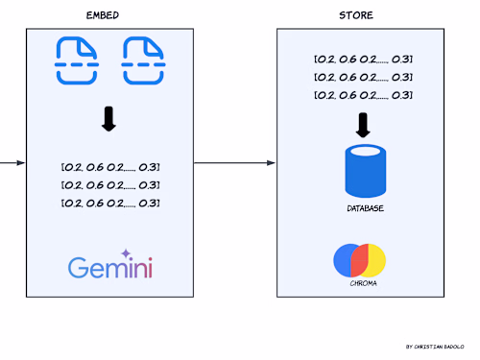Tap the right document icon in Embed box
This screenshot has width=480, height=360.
[142, 61]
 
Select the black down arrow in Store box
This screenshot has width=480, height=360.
[363, 125]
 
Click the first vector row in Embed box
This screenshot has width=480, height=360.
[108, 167]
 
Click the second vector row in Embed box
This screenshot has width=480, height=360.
[108, 184]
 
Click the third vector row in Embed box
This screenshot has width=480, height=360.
[108, 203]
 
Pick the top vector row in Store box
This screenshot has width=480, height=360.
[363, 60]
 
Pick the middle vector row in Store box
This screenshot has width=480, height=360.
[363, 77]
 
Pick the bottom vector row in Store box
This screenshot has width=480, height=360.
[363, 95]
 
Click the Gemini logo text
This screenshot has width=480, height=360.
[108, 268]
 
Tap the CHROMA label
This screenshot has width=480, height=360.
[361, 284]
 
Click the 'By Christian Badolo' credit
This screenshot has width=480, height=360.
[434, 346]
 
